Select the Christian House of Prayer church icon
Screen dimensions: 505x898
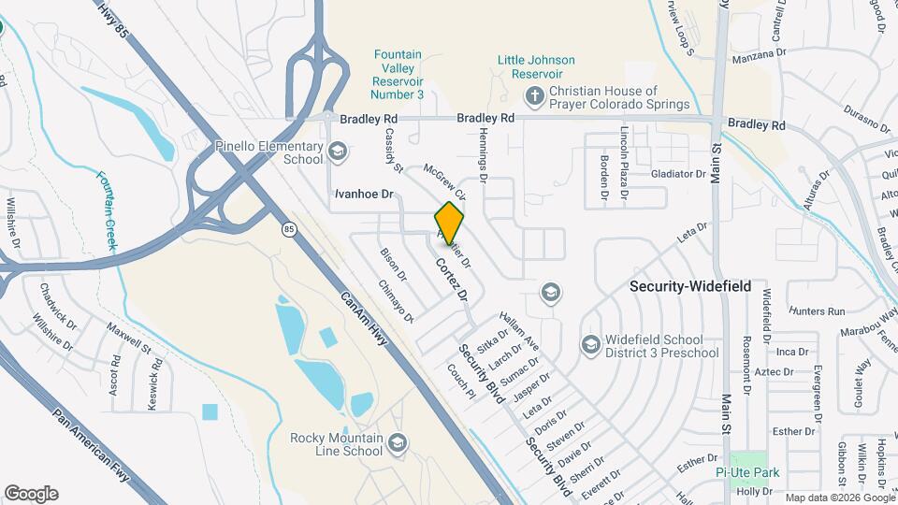(x=534, y=95)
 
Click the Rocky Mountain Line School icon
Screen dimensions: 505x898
(x=397, y=441)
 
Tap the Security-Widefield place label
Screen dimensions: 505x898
(x=690, y=286)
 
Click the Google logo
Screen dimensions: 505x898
(x=31, y=494)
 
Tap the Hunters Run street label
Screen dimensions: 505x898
(x=816, y=310)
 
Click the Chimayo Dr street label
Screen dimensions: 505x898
(x=396, y=302)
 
